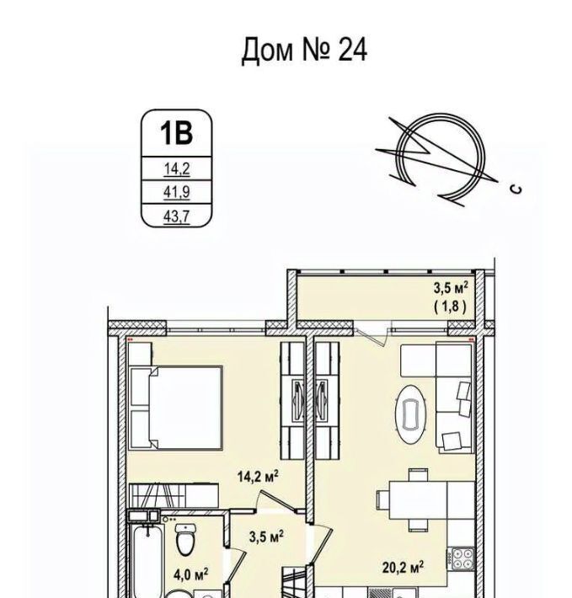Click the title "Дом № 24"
[x=304, y=50]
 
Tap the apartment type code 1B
[x=176, y=133]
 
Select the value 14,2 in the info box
[x=177, y=168]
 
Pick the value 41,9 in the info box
[x=177, y=192]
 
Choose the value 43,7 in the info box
[x=177, y=216]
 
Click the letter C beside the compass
[x=516, y=189]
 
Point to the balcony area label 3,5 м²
[x=451, y=288]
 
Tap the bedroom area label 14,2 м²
[x=258, y=476]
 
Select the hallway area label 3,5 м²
[x=266, y=537]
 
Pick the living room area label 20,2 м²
[x=403, y=567]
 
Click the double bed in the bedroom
[x=176, y=408]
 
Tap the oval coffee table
[x=410, y=414]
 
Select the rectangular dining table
[x=418, y=500]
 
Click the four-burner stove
[x=462, y=558]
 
